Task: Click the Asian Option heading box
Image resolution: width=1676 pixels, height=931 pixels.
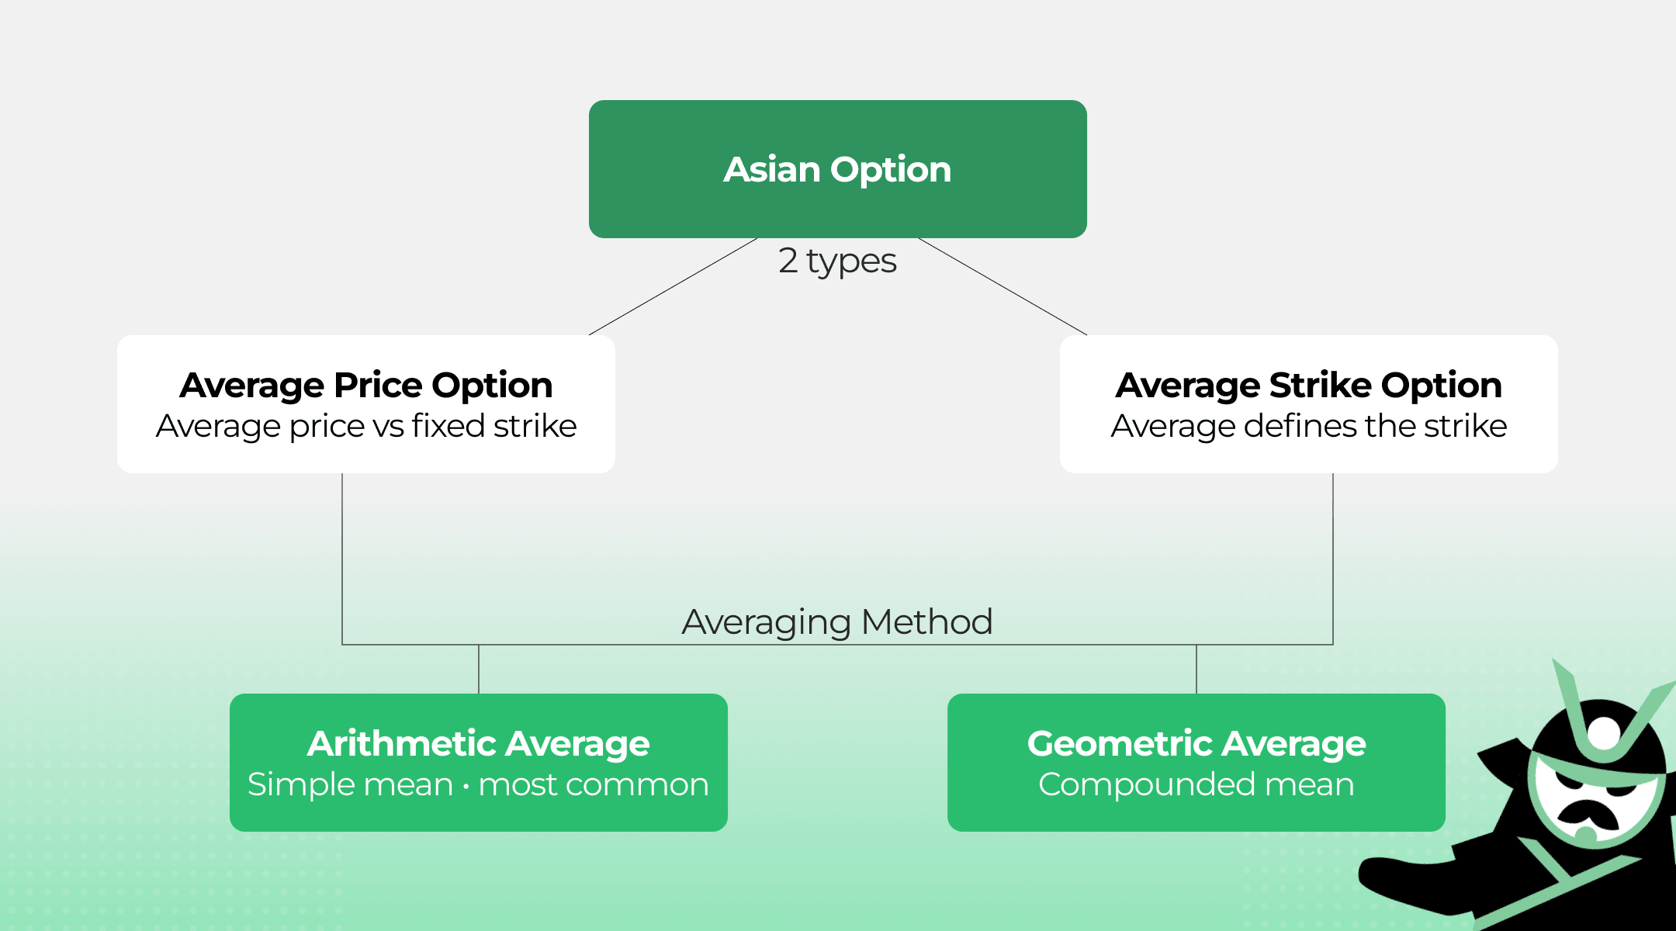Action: [837, 169]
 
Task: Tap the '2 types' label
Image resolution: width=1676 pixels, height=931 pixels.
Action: [837, 261]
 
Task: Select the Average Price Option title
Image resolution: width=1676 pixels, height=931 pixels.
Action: [365, 385]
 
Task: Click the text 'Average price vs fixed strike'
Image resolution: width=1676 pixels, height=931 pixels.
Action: [365, 426]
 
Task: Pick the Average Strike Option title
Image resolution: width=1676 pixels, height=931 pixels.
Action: [1308, 385]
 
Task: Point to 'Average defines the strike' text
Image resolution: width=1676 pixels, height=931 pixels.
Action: [1308, 426]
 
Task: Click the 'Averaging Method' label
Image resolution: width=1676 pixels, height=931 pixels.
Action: [837, 621]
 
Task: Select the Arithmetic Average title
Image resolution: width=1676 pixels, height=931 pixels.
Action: [478, 743]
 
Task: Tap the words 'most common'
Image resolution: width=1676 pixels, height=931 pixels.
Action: [593, 784]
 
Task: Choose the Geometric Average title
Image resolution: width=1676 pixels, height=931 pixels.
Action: [1196, 743]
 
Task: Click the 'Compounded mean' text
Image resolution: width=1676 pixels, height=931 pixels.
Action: [1196, 784]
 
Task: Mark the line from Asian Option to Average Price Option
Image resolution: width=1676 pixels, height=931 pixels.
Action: [673, 287]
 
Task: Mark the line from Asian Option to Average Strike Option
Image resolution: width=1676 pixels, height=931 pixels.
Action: [1002, 287]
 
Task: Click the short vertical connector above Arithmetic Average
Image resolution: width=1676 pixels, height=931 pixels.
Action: [479, 669]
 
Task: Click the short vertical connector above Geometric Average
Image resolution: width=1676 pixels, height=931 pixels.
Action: [1196, 669]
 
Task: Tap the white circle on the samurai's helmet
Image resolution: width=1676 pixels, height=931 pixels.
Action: [1604, 732]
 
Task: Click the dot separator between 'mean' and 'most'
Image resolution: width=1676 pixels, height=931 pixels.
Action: [466, 787]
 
